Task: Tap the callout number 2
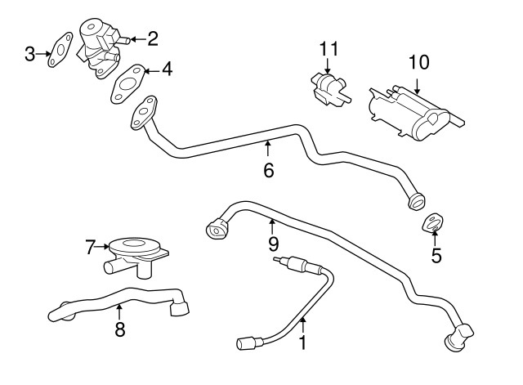pyautogui.click(x=152, y=38)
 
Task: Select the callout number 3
pyautogui.click(x=30, y=55)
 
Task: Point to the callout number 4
pyautogui.click(x=167, y=70)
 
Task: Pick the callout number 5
pyautogui.click(x=436, y=255)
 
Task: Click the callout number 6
pyautogui.click(x=268, y=170)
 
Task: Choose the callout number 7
pyautogui.click(x=92, y=244)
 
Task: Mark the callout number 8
pyautogui.click(x=120, y=329)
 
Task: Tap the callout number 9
pyautogui.click(x=273, y=243)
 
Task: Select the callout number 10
pyautogui.click(x=418, y=61)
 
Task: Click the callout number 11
pyautogui.click(x=329, y=49)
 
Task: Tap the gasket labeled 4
pyautogui.click(x=127, y=83)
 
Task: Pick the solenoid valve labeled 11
pyautogui.click(x=327, y=87)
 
